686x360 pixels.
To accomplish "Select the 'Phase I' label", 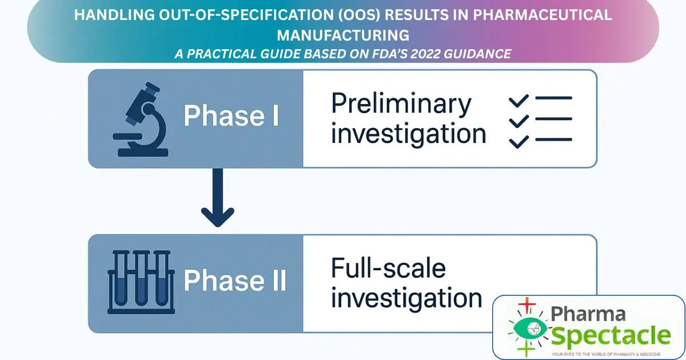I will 232,117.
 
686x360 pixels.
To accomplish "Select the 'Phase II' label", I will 235,281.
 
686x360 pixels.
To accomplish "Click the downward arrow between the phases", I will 217,200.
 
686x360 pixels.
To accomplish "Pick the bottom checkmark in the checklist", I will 519,140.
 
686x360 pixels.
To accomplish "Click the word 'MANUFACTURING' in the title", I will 343,35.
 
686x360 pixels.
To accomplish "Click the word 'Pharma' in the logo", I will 588,313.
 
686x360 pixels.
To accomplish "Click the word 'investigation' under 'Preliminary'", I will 409,134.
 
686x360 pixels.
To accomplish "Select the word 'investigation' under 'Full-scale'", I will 406,298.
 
